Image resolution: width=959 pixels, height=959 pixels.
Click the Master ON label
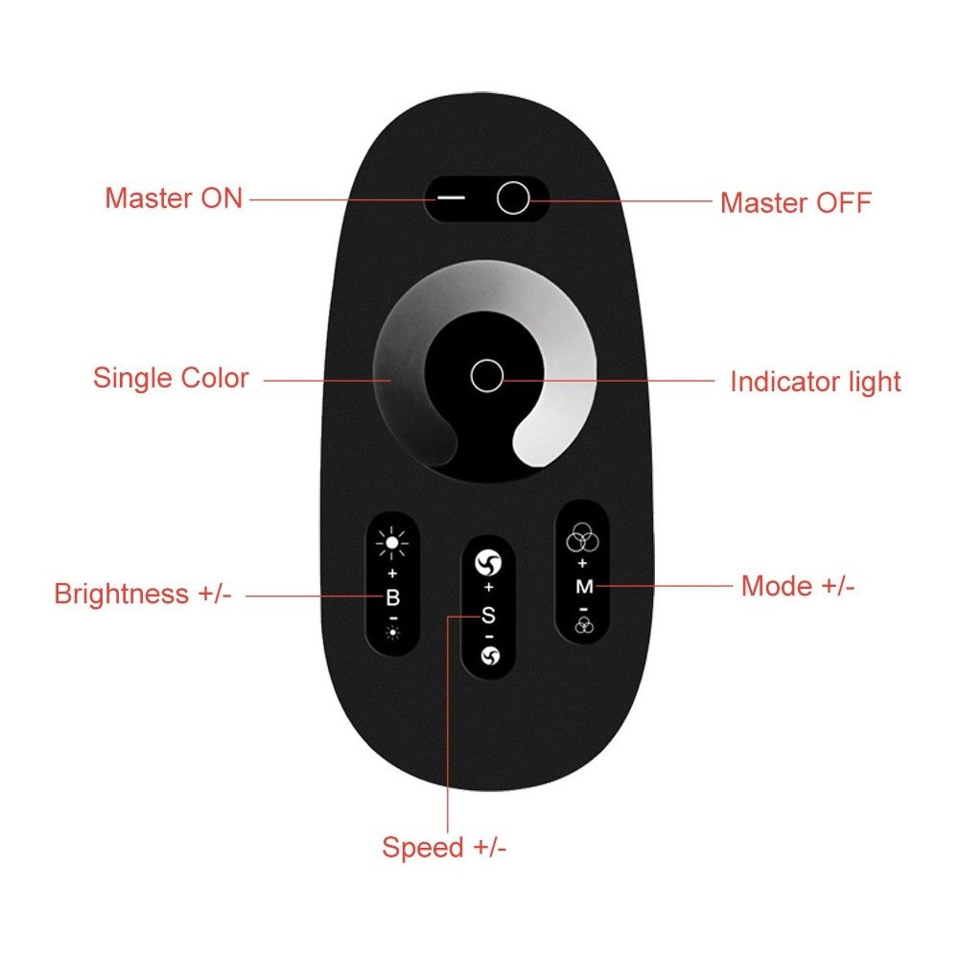point(174,199)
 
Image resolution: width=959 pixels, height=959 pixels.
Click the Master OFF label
point(796,202)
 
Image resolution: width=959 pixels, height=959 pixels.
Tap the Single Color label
point(171,377)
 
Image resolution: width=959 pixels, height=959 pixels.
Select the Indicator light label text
point(815,382)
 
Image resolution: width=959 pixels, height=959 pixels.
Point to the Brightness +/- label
point(143,594)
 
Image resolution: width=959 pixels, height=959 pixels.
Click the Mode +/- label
point(798,586)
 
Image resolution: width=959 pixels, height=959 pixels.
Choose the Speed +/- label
point(444,847)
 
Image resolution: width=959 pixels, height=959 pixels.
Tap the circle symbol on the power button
point(513,198)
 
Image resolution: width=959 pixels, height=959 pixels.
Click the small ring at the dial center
point(487,376)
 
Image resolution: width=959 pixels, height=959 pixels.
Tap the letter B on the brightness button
point(392,597)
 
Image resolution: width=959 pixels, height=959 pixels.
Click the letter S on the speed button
point(488,616)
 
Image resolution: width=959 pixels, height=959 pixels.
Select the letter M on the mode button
point(584,587)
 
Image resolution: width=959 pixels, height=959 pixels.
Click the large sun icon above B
point(392,543)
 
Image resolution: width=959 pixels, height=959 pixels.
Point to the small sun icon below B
point(392,632)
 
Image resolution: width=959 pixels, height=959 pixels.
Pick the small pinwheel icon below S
point(490,656)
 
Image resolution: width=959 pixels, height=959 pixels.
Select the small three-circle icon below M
point(585,625)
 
